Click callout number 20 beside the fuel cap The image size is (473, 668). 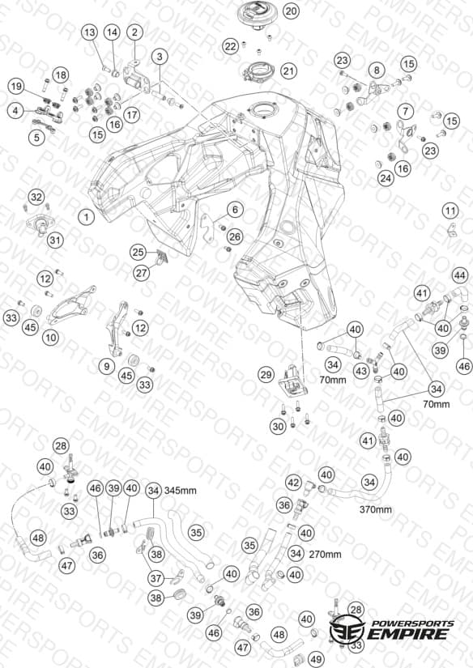tap(291, 11)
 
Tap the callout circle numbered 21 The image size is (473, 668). tap(289, 70)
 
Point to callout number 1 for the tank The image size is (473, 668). tap(87, 217)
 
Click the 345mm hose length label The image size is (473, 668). tap(181, 491)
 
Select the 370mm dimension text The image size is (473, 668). tap(376, 509)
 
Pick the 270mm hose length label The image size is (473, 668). tap(325, 555)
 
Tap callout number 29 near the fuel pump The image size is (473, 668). tap(266, 375)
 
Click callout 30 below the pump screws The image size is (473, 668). tap(279, 426)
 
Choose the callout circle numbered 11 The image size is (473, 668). tap(450, 211)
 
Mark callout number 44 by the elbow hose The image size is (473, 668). tap(459, 275)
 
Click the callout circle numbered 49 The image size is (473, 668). tap(316, 659)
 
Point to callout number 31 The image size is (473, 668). tap(55, 240)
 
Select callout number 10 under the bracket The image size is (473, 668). tap(51, 338)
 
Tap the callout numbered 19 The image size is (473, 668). tap(16, 87)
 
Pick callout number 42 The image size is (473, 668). tap(293, 483)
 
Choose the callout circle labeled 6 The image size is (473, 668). tap(235, 209)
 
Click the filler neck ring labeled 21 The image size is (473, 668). tap(259, 71)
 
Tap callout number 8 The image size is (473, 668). tap(377, 70)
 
